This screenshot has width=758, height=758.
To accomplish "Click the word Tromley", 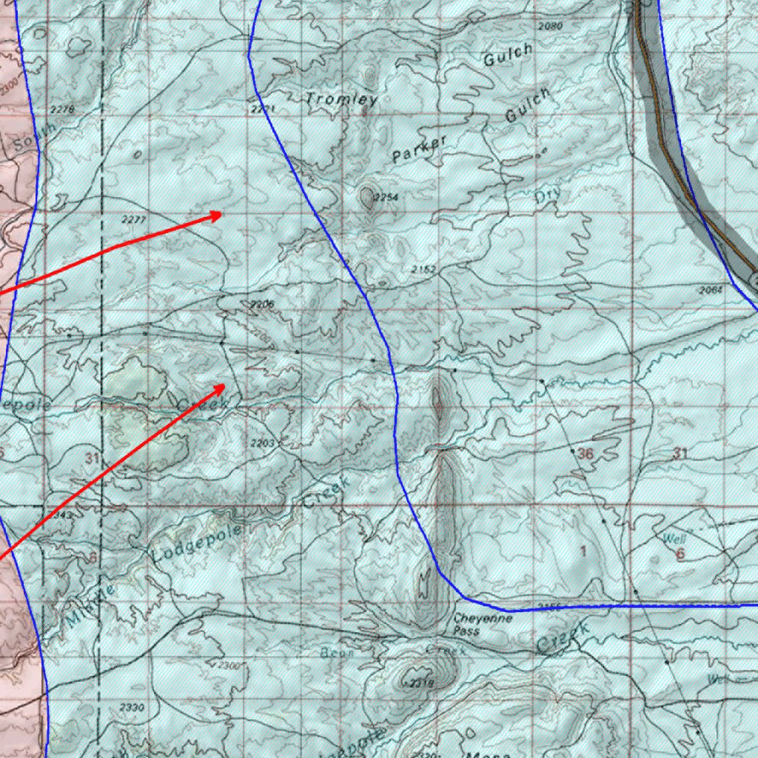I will click(x=342, y=99).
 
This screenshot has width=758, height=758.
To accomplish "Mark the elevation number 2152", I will click(x=424, y=269).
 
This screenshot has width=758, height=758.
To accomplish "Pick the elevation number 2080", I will click(x=551, y=26).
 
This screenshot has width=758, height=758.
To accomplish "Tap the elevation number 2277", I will click(x=133, y=220).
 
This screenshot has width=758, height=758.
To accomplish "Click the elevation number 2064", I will click(x=710, y=290).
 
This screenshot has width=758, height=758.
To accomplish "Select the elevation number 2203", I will click(x=263, y=443).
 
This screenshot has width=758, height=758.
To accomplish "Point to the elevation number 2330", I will click(x=132, y=708).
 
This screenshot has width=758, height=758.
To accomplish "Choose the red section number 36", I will click(x=585, y=454).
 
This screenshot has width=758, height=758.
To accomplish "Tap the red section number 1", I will click(x=583, y=550).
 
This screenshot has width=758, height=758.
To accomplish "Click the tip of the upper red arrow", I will click(x=223, y=214).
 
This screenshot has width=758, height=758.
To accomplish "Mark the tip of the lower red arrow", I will click(x=226, y=384).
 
